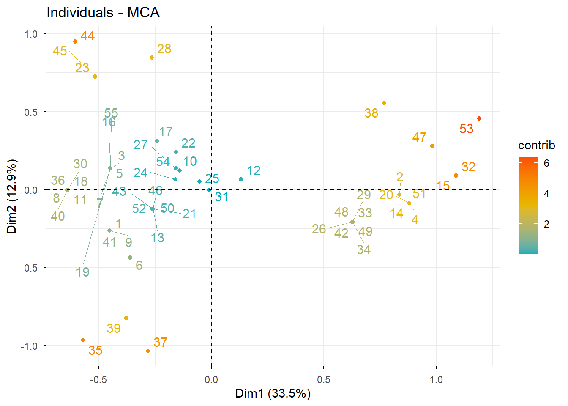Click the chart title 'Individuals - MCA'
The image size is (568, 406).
[103, 13]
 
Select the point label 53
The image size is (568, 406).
[467, 129]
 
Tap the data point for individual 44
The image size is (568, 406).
[75, 41]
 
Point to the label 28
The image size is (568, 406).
[164, 49]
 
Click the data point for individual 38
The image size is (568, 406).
[384, 103]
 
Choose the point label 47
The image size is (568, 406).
[419, 137]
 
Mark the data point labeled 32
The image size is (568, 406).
[456, 176]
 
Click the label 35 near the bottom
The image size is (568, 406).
[96, 351]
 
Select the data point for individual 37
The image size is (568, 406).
[148, 351]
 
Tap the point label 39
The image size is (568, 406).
[114, 328]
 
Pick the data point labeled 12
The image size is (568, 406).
[241, 179]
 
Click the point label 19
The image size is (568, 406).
[83, 272]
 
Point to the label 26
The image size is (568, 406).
[319, 229]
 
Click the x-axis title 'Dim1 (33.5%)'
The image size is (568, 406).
[273, 394]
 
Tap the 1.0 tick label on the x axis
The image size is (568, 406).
[436, 379]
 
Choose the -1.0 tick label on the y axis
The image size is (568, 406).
[29, 346]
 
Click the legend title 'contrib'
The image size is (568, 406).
[536, 145]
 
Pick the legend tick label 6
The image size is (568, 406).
[546, 163]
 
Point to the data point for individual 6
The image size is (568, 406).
[130, 258]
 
